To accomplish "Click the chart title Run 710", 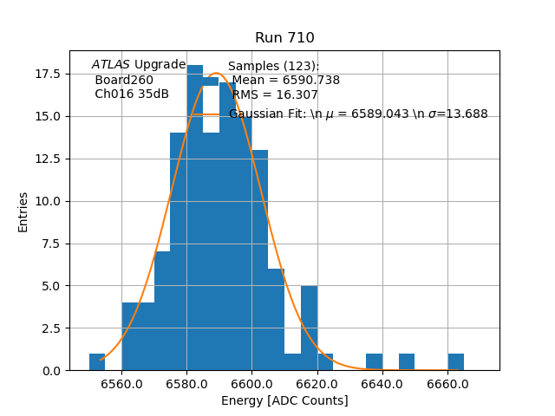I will (284, 38).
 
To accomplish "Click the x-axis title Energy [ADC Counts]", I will (284, 400).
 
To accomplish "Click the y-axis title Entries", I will (23, 211).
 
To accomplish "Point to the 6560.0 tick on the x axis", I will (121, 384).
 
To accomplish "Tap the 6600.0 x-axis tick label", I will (251, 384).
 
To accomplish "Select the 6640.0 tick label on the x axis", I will (382, 384).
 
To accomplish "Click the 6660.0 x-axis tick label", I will (447, 384).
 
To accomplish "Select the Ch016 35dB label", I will (132, 94).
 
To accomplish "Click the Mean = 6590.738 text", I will (285, 81).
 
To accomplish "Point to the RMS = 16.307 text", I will (275, 95).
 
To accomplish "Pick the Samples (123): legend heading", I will (273, 67).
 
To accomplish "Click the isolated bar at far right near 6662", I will (455, 362).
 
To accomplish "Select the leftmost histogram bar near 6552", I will (97, 362).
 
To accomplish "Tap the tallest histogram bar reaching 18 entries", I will (195, 217).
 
